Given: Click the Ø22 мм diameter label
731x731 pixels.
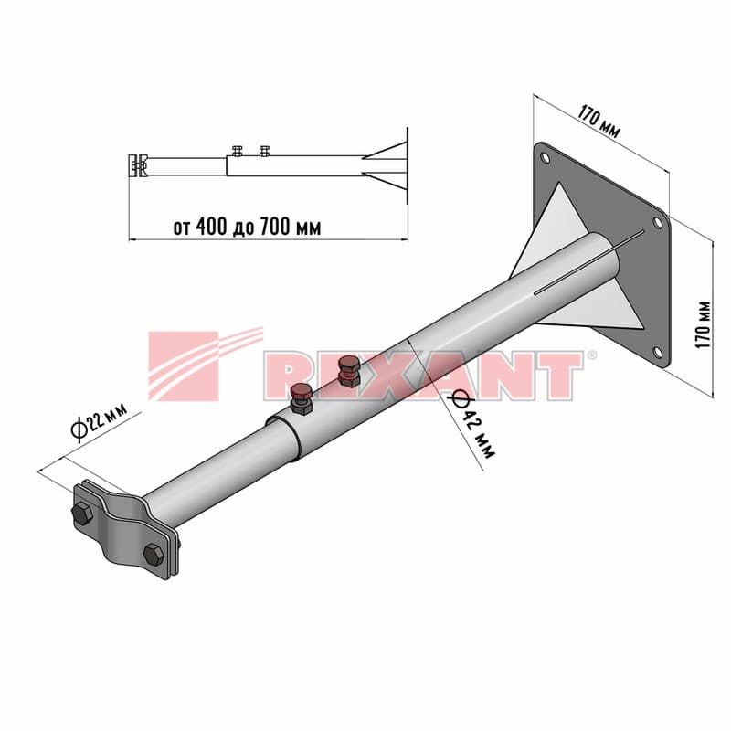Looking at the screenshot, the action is pos(99,422).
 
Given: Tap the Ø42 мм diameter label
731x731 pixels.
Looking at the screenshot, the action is pos(471,423).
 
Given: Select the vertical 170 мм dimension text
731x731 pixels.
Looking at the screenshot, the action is pos(703,324).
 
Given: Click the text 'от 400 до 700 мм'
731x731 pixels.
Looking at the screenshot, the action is pos(247,227).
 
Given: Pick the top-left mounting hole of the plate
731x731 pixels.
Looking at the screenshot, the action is pos(545,157).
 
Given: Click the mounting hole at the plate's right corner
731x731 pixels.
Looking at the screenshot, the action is pos(657,223).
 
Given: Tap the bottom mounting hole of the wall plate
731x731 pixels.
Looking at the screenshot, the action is pos(657,352).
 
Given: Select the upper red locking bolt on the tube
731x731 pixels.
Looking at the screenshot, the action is pos(349,370).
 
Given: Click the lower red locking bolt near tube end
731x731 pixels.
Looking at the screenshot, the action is pos(301,398).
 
